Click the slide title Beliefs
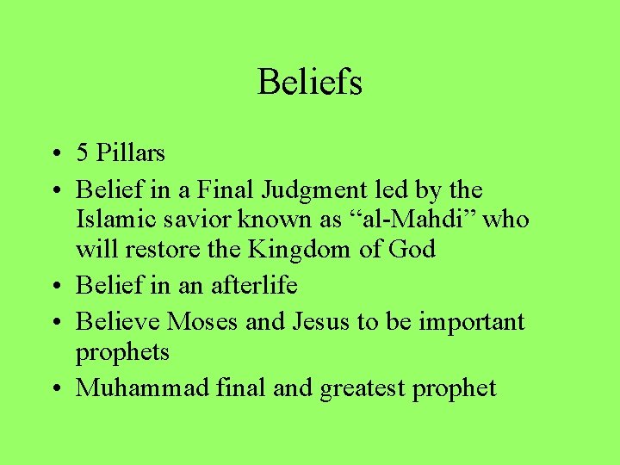310,83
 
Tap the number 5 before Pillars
83,153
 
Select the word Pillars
130,153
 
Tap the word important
471,322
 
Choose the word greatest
363,389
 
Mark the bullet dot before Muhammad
54,389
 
